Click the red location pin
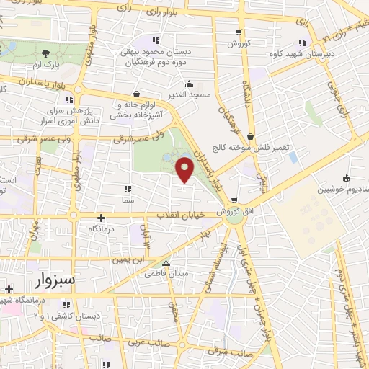tap(186, 170)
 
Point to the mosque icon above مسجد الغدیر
tap(189, 84)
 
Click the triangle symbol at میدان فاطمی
tap(166, 263)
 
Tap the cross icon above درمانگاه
tap(101, 217)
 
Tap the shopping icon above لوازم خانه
tap(137, 92)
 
